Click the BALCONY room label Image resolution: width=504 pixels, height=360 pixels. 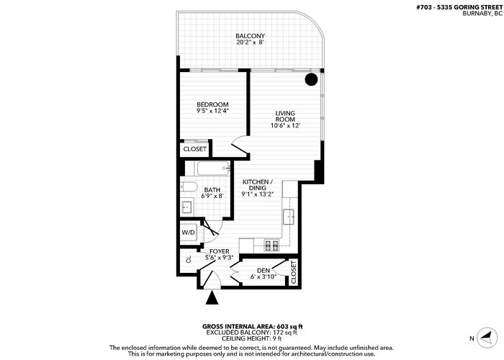(x=250, y=36)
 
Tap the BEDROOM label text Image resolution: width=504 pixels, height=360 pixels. (x=212, y=104)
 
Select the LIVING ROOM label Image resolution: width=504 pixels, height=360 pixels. (x=285, y=117)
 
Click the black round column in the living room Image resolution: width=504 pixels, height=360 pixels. (x=311, y=79)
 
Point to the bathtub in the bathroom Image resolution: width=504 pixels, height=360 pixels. (x=213, y=168)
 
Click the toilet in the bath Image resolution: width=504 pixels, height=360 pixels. (x=189, y=186)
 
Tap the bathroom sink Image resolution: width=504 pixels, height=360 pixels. (x=186, y=207)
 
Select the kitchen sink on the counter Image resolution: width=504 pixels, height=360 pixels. (x=288, y=217)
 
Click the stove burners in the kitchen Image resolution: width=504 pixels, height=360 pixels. (x=271, y=246)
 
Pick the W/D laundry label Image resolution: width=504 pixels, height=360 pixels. (x=189, y=233)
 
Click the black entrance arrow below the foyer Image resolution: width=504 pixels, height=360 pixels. (x=212, y=297)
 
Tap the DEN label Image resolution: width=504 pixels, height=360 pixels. (x=264, y=271)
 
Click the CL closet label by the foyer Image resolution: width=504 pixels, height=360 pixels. (x=189, y=259)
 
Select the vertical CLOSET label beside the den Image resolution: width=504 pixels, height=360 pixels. (x=294, y=272)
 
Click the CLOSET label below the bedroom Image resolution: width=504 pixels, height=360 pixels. (x=195, y=149)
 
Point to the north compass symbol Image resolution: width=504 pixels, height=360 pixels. (x=487, y=338)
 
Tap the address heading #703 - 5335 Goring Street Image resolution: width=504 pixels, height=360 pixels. (x=459, y=7)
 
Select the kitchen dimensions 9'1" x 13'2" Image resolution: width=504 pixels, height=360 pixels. (x=258, y=194)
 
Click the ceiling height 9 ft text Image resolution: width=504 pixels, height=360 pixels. (x=276, y=338)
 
